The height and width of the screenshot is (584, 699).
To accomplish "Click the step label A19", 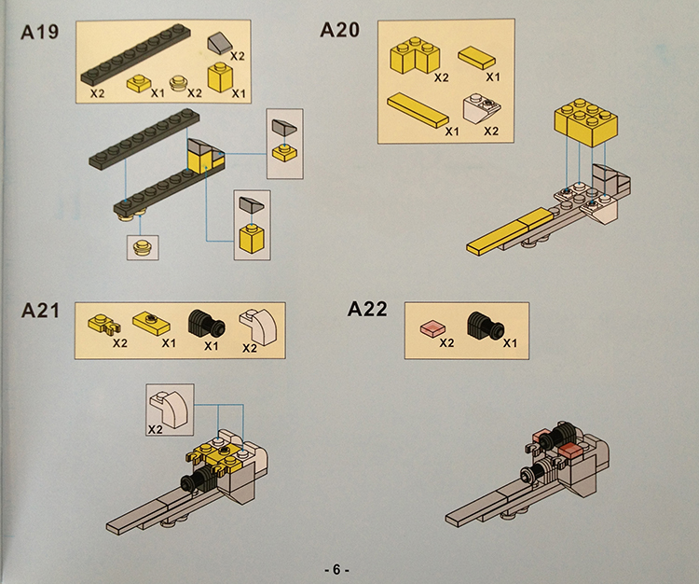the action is pyautogui.click(x=40, y=32).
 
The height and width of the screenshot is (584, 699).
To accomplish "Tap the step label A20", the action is pyautogui.click(x=339, y=31).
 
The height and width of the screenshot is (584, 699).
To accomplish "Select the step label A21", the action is pyautogui.click(x=40, y=311).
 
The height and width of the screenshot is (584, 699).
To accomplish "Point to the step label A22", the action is pyautogui.click(x=367, y=309).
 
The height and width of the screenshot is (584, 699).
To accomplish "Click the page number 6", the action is pyautogui.click(x=336, y=569).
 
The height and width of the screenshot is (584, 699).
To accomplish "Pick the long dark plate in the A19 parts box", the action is pyautogui.click(x=136, y=54).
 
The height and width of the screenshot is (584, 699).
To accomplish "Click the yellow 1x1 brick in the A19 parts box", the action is pyautogui.click(x=220, y=77).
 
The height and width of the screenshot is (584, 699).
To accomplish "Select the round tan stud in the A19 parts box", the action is pyautogui.click(x=179, y=82).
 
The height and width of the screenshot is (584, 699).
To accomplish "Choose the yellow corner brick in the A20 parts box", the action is pyautogui.click(x=415, y=55).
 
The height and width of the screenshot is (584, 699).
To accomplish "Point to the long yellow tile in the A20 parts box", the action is pyautogui.click(x=418, y=110).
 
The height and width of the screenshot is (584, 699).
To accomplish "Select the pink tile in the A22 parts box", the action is pyautogui.click(x=432, y=329).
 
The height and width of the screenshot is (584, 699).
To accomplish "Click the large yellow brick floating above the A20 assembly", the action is pyautogui.click(x=586, y=122).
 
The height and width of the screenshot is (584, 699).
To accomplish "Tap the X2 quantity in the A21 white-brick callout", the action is pyautogui.click(x=155, y=429).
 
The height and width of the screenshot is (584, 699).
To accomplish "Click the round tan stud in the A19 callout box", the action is pyautogui.click(x=143, y=247).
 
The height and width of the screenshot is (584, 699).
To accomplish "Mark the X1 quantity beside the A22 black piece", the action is pyautogui.click(x=510, y=343).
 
